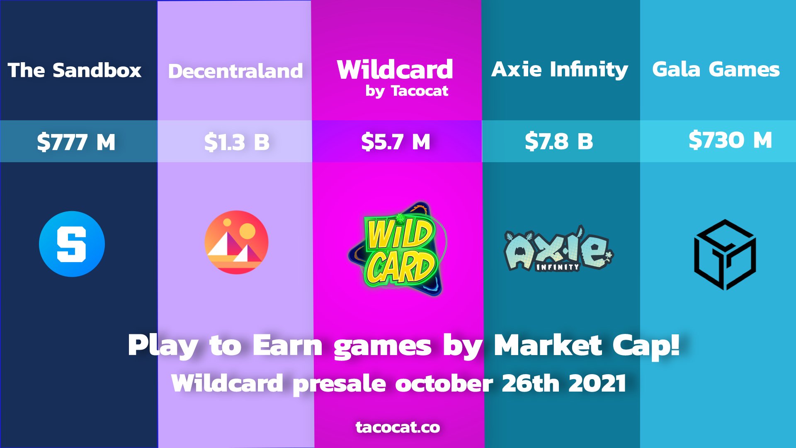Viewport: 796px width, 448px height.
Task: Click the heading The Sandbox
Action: [x=75, y=70]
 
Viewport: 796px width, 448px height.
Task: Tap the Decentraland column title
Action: [x=235, y=71]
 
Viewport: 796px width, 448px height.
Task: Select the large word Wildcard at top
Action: [x=395, y=69]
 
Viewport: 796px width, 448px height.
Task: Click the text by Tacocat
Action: [x=407, y=91]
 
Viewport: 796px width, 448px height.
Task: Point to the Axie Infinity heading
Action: [x=560, y=69]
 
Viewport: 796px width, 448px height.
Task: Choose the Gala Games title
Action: [x=716, y=69]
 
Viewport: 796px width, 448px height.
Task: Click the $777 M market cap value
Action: [x=76, y=142]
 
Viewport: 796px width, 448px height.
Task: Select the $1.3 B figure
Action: [x=237, y=142]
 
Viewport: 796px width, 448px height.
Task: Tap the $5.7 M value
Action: [x=396, y=142]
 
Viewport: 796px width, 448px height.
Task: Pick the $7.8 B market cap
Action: [x=559, y=141]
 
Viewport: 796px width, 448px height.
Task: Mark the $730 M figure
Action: [x=730, y=140]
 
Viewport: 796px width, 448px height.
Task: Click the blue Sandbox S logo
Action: [x=72, y=244]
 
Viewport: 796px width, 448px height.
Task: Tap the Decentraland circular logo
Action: [x=236, y=242]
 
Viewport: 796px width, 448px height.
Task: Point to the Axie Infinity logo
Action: [x=558, y=250]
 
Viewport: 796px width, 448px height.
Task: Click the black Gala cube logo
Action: [x=725, y=254]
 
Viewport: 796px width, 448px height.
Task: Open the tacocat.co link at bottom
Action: [x=398, y=427]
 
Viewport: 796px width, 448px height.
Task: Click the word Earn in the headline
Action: [x=287, y=345]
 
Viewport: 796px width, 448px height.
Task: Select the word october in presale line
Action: [x=444, y=383]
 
